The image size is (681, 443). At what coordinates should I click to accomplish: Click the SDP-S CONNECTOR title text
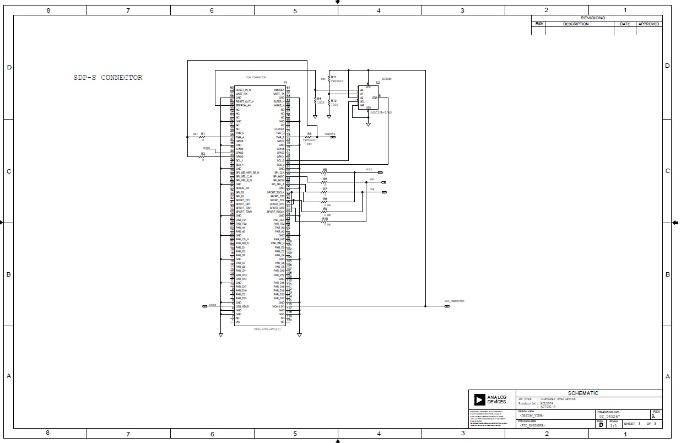pyautogui.click(x=108, y=78)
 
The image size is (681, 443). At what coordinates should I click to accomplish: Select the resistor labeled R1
pyautogui.click(x=202, y=137)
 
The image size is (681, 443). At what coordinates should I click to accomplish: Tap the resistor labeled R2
pyautogui.click(x=203, y=157)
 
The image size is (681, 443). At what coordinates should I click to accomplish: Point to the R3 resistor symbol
pyautogui.click(x=309, y=137)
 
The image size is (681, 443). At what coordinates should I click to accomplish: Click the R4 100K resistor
pyautogui.click(x=315, y=100)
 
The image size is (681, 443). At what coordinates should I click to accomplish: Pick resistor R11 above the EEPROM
pyautogui.click(x=329, y=79)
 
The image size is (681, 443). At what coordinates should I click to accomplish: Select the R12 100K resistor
pyautogui.click(x=329, y=102)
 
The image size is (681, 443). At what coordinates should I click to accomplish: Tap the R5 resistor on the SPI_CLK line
pyautogui.click(x=325, y=172)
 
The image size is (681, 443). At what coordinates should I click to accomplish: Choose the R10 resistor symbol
pyautogui.click(x=325, y=222)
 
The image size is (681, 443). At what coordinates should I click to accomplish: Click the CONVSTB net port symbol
pyautogui.click(x=333, y=137)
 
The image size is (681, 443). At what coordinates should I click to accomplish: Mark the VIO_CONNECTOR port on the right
pyautogui.click(x=447, y=306)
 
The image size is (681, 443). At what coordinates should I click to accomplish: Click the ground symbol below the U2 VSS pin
pyautogui.click(x=368, y=125)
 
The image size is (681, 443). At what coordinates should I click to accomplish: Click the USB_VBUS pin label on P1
pyautogui.click(x=242, y=306)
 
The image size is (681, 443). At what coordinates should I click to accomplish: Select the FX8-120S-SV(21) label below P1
pyautogui.click(x=267, y=328)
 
